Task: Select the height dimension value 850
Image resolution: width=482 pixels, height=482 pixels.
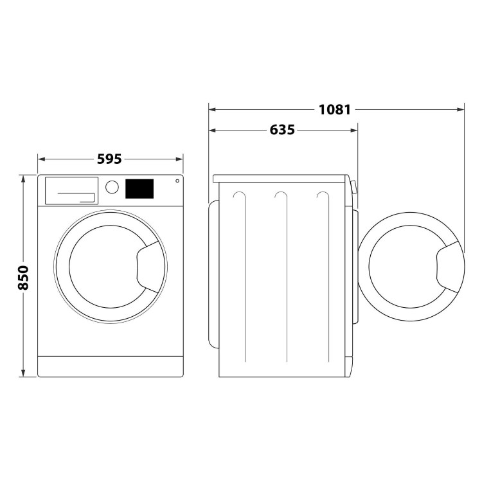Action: point(23,277)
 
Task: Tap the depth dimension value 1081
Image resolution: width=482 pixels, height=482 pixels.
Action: point(335,109)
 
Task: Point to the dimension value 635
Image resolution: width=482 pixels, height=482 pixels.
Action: point(282,130)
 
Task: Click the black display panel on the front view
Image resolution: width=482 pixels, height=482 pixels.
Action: point(139,188)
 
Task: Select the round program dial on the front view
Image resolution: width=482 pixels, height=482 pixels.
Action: point(112,187)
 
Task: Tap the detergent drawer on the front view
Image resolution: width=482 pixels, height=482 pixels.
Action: point(71,191)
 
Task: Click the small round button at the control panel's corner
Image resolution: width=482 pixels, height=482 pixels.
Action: point(175,182)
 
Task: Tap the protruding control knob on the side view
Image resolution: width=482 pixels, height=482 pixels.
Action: point(353,187)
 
